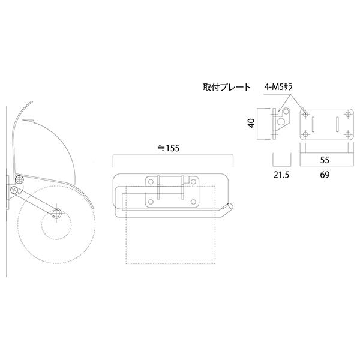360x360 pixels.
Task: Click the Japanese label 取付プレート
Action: click(x=227, y=88)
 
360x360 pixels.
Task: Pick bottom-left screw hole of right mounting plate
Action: click(x=306, y=133)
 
